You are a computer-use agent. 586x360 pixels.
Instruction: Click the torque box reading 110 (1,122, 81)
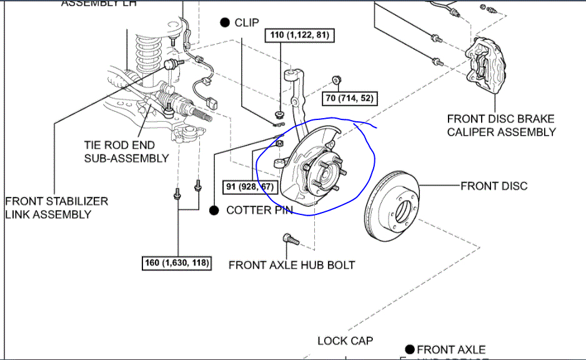tap(298, 36)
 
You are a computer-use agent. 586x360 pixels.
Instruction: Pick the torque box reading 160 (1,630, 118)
tap(176, 263)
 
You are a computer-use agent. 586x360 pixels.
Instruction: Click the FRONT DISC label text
tap(494, 186)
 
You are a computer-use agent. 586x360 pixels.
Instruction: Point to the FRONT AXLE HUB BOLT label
tap(292, 265)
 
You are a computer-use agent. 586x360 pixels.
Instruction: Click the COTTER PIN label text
tap(259, 210)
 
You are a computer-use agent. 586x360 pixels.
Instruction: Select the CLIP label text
tap(247, 22)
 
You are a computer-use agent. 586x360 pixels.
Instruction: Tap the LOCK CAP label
tap(345, 341)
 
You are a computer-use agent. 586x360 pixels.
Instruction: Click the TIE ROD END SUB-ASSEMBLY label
tap(126, 151)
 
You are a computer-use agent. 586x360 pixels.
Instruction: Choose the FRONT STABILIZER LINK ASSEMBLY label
tap(56, 207)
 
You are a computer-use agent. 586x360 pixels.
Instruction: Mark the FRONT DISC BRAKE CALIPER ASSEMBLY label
tap(501, 125)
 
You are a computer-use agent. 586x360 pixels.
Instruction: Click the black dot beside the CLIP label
tap(225, 22)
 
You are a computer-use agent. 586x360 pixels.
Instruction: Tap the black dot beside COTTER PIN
tap(214, 210)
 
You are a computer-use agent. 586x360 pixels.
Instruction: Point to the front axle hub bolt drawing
tap(289, 238)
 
